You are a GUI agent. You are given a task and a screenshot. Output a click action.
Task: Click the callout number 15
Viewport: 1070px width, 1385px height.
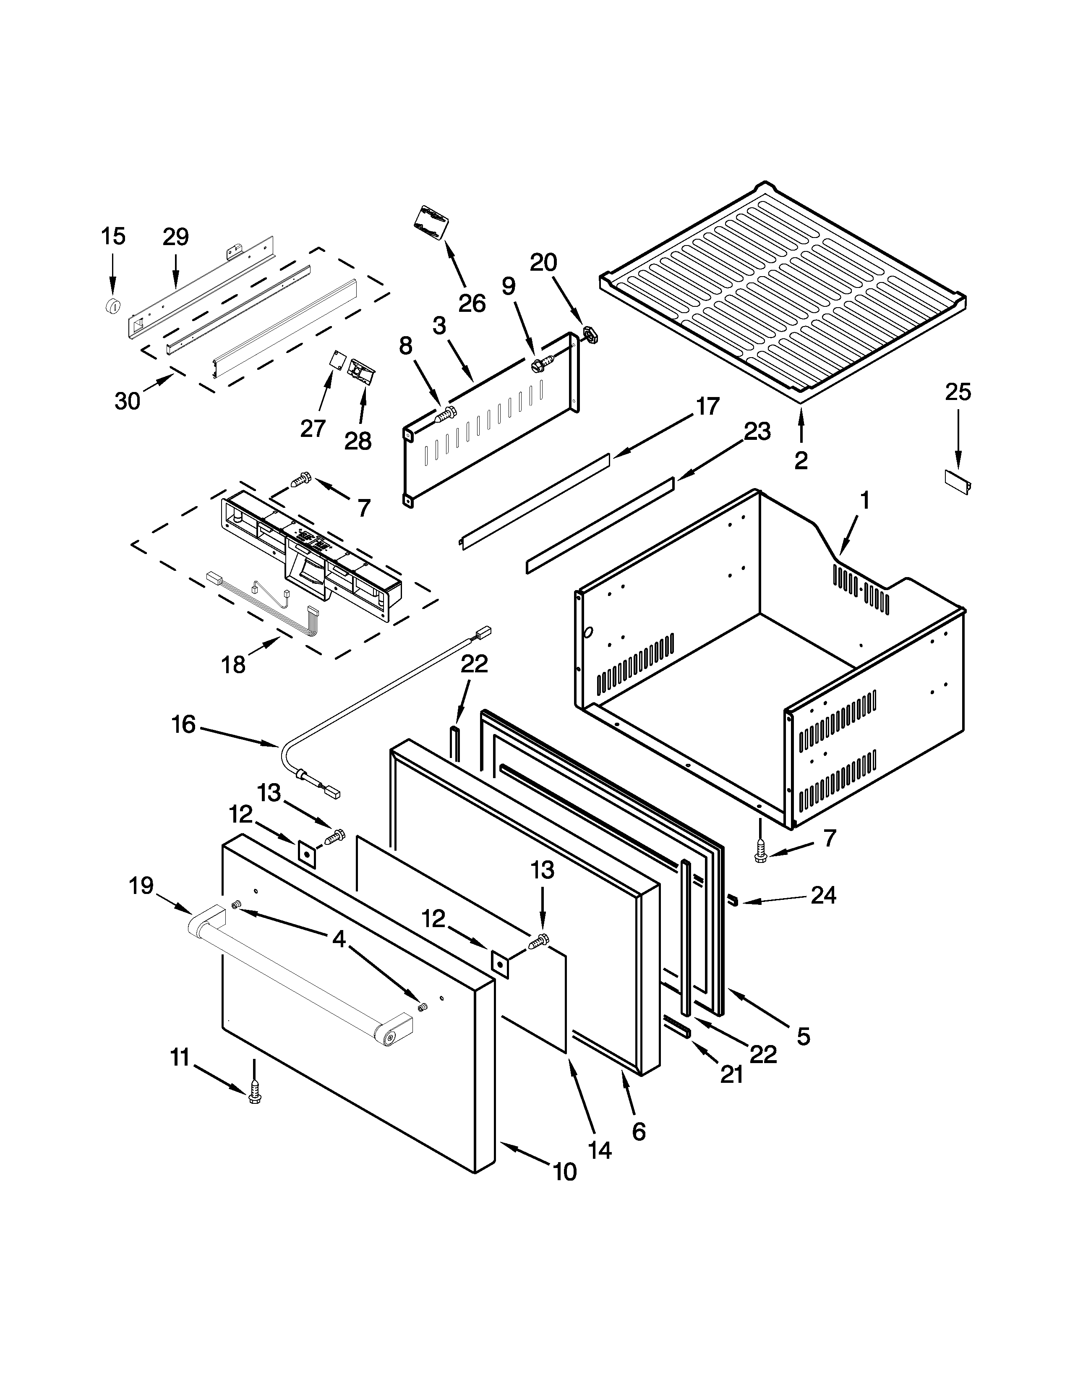(113, 237)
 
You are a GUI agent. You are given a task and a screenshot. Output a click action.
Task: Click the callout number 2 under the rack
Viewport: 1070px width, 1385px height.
(801, 461)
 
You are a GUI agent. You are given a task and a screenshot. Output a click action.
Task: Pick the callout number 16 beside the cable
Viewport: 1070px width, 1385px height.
(183, 724)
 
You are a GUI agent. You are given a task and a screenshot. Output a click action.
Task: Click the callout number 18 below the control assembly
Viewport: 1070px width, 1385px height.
(233, 665)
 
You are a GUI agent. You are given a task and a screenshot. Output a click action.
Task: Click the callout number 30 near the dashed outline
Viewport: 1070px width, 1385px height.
(128, 401)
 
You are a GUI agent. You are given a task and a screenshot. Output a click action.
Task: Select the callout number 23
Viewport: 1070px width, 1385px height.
(757, 432)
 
